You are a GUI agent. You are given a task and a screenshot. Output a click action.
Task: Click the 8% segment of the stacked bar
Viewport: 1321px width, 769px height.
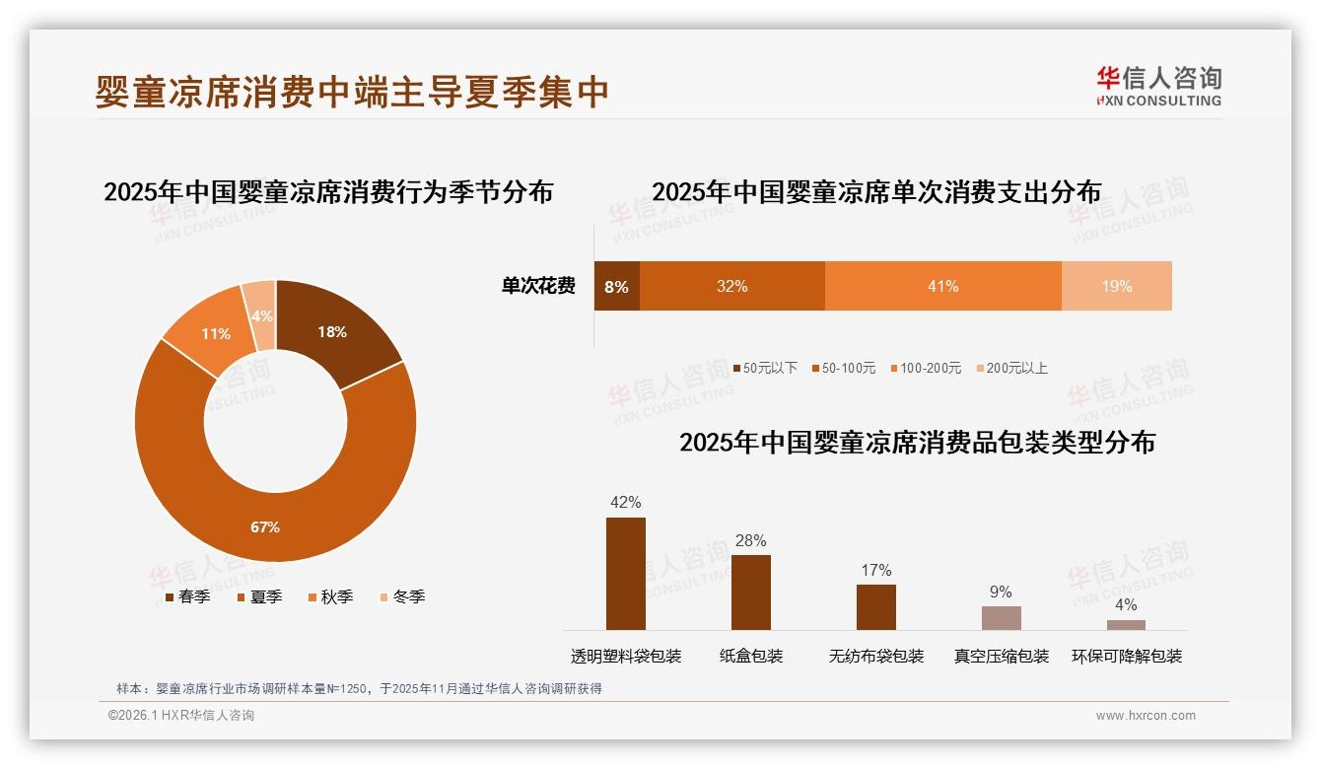click(616, 287)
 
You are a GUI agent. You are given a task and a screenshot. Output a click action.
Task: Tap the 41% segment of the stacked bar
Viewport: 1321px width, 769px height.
click(942, 287)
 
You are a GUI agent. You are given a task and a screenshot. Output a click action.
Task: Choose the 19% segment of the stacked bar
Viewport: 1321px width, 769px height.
click(1116, 287)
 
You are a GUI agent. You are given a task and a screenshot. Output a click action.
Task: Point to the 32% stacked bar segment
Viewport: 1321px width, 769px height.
click(731, 287)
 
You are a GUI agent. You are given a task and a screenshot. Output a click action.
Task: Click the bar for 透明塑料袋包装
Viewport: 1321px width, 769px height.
click(626, 573)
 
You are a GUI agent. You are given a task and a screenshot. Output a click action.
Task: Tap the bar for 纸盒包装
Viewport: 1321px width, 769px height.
click(751, 592)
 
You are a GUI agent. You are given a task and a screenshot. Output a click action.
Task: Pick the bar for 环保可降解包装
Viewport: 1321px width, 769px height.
click(1126, 624)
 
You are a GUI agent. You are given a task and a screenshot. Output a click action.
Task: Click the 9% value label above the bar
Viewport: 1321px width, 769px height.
click(1001, 592)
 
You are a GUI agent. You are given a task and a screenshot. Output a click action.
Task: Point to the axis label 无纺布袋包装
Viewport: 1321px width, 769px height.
click(876, 656)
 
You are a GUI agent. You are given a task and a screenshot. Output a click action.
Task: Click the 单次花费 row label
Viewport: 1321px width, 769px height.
click(538, 287)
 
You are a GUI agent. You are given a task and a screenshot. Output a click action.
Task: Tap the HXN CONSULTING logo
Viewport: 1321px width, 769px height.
click(1158, 87)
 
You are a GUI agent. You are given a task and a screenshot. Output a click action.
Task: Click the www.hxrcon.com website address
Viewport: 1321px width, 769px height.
click(1146, 716)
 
